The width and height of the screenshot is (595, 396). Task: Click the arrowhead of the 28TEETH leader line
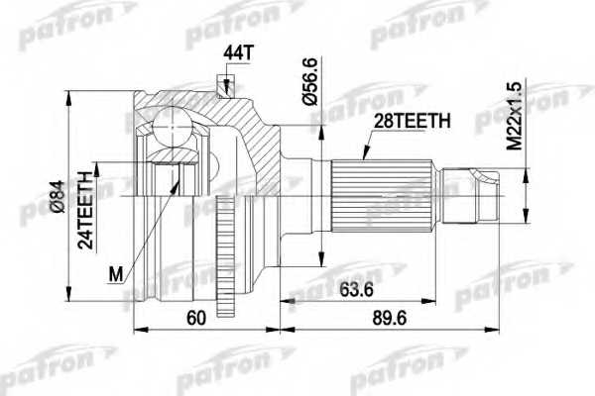[363, 156]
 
